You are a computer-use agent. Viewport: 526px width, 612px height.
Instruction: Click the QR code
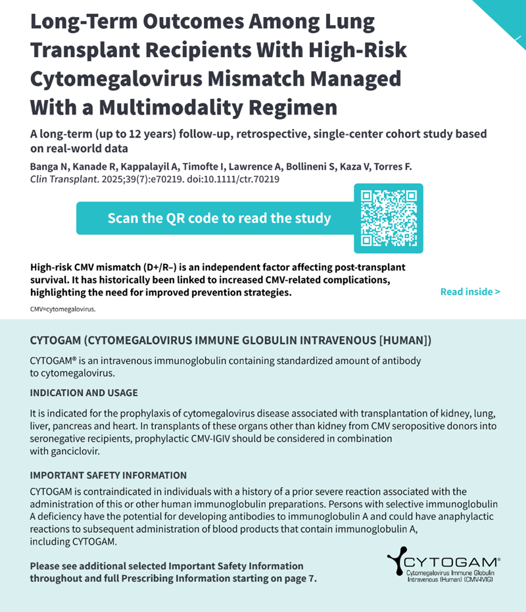click(x=389, y=218)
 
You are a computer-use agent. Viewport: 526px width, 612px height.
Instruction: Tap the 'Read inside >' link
click(x=470, y=292)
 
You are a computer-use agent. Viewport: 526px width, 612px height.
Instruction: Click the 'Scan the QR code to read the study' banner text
click(x=219, y=218)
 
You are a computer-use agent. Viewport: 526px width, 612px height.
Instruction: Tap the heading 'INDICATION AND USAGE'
click(x=84, y=393)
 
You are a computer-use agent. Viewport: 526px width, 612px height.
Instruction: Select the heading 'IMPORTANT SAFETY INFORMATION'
click(x=108, y=475)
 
